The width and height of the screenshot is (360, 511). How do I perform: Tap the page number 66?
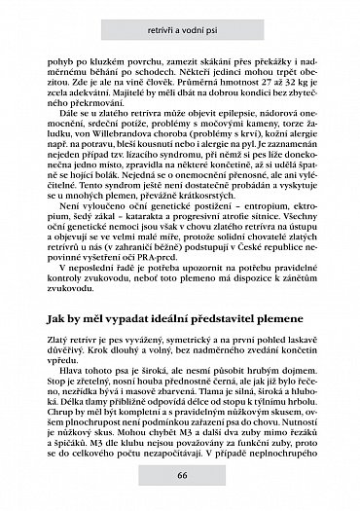182,475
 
